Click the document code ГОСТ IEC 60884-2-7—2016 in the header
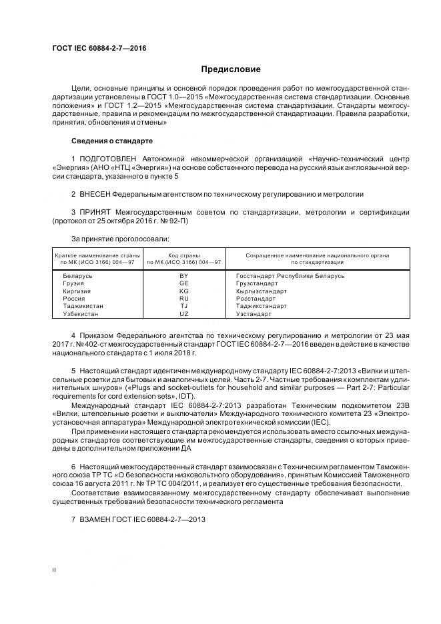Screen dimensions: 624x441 [99, 48]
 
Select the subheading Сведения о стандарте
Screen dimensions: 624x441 [112, 141]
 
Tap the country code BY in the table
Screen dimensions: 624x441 [184, 275]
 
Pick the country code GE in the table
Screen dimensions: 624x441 [184, 283]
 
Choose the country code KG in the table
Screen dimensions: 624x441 [184, 291]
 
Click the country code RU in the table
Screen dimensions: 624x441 [184, 299]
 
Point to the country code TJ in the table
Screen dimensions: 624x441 [184, 306]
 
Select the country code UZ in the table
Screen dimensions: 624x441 [184, 314]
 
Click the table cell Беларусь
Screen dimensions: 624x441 [77, 275]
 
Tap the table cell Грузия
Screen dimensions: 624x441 [74, 283]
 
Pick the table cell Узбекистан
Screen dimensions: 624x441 [80, 314]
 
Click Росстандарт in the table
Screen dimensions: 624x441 [256, 299]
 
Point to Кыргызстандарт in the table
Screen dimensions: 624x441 [262, 291]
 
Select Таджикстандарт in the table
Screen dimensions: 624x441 [262, 306]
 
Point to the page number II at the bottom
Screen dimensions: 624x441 [54, 570]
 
